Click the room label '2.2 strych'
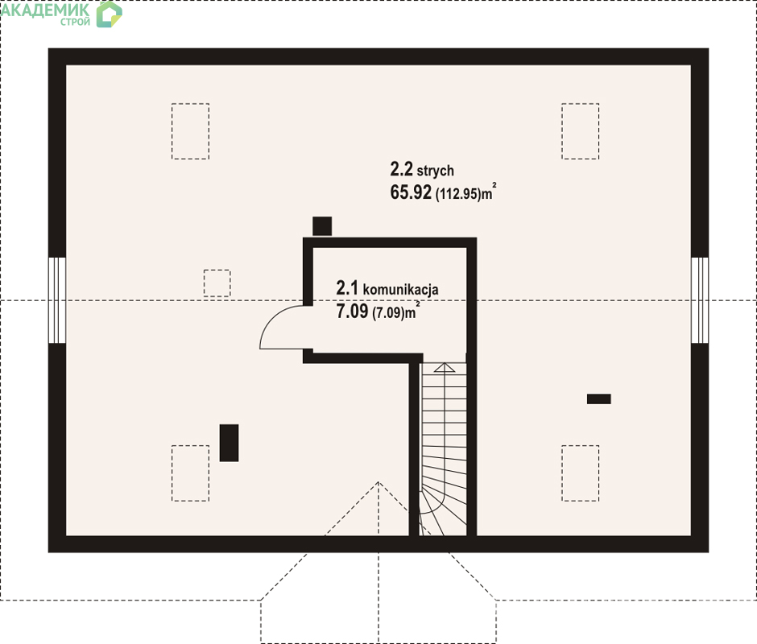point(422,170)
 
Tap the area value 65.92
point(411,192)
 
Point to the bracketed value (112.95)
point(458,194)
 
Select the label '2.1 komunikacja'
point(387,288)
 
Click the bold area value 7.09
point(352,312)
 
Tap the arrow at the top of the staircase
point(445,367)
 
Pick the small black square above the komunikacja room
point(322,226)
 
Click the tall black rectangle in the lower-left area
point(229,443)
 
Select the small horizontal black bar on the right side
point(598,398)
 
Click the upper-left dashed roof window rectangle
point(190,131)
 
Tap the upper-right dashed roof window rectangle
point(581,131)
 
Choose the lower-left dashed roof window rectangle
point(190,473)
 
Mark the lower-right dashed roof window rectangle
point(581,473)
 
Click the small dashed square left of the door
point(217,283)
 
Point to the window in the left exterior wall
point(57,300)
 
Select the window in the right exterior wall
point(700,300)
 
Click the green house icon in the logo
point(109,14)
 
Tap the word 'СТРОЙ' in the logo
point(76,22)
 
